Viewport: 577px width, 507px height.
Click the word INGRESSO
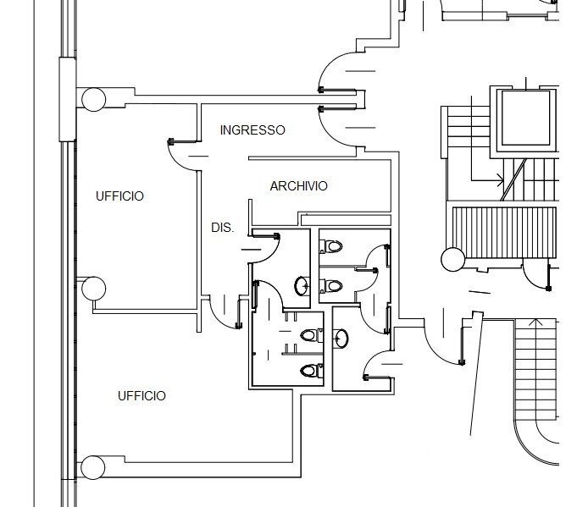coord(252,130)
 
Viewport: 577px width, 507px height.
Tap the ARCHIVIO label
coord(298,186)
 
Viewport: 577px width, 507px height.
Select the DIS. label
coord(222,228)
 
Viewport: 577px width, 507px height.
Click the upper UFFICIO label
coord(119,196)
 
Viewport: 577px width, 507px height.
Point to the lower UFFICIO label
coord(141,396)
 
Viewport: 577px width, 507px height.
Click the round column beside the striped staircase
coord(452,258)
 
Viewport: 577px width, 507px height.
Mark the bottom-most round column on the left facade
coord(93,466)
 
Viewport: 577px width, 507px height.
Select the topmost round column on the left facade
coord(93,99)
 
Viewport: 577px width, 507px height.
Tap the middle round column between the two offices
coord(93,289)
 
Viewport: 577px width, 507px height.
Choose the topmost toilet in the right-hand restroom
coord(330,247)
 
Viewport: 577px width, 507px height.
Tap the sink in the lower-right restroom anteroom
coord(341,339)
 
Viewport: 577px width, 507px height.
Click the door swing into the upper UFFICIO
coord(182,152)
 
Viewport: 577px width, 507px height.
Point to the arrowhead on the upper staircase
coord(500,179)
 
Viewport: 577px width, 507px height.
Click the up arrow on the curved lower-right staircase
coord(535,322)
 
